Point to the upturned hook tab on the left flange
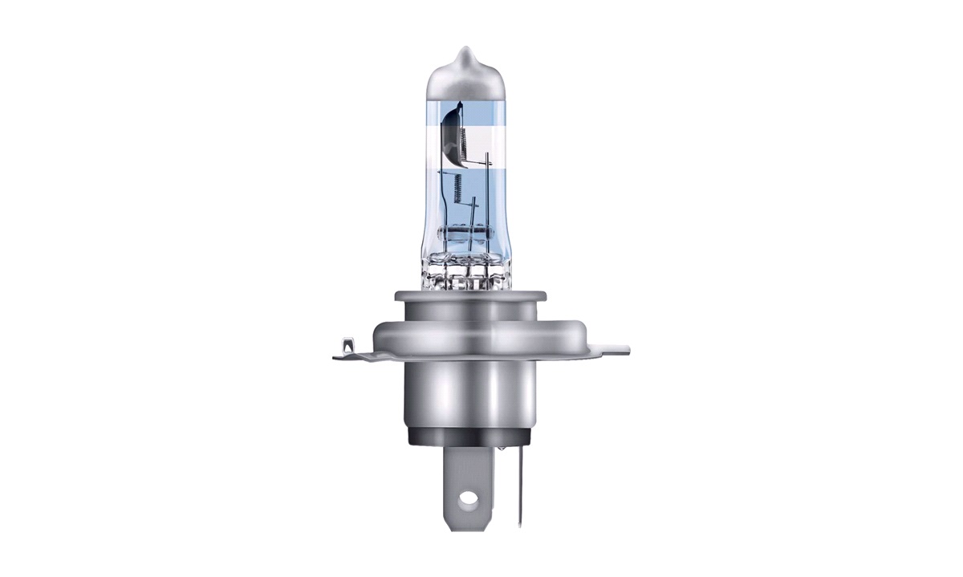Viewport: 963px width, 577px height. coord(347,347)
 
